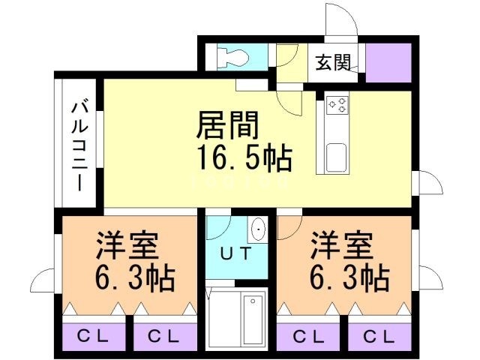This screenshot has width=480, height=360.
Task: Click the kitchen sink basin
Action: tap(335, 157)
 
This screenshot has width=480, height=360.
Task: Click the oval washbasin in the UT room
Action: tap(259, 229)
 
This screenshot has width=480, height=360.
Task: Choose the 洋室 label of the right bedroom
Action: tap(341, 245)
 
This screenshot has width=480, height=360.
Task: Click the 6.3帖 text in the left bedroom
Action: tap(134, 279)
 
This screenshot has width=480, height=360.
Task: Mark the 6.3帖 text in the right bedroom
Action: tap(349, 279)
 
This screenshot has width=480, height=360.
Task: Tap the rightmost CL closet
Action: tap(379, 335)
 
